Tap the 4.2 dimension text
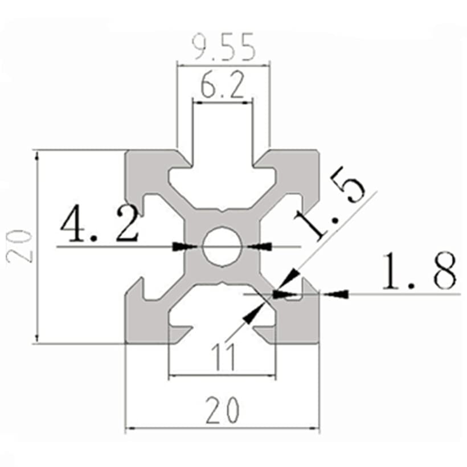100,225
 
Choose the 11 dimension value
223,359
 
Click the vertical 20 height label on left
21,246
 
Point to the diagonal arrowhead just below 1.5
292,277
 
